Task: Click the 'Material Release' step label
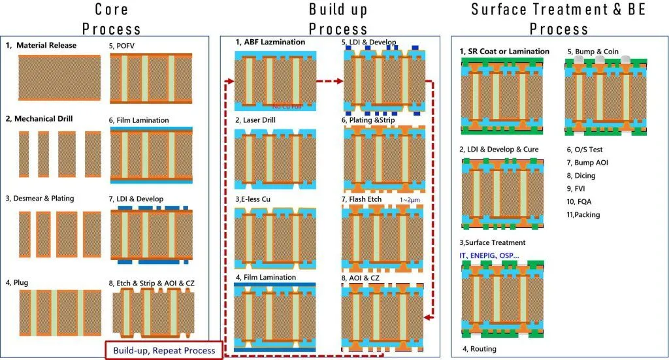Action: click(46, 46)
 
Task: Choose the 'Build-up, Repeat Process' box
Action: click(164, 350)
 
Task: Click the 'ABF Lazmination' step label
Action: click(271, 42)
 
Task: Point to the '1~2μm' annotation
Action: click(410, 199)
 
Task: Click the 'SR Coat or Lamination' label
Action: click(504, 52)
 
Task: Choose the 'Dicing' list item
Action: click(583, 175)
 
